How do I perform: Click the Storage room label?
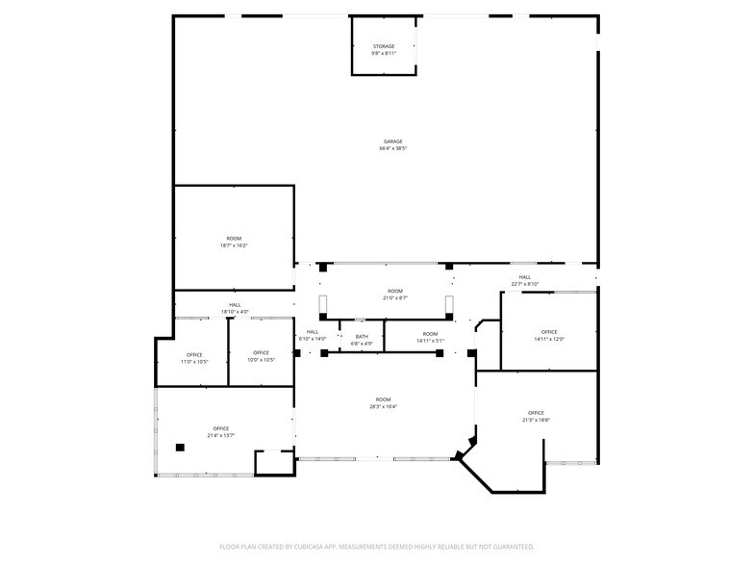point(384,46)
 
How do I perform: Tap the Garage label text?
point(392,141)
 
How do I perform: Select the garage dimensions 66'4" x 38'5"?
point(392,149)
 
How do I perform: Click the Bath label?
point(362,337)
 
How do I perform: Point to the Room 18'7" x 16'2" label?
point(234,239)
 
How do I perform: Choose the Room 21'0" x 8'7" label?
point(395,292)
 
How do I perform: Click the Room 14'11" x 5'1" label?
point(430,334)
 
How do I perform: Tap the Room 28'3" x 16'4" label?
point(384,399)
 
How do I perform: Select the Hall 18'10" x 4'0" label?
point(235,305)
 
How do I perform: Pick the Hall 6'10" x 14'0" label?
point(313,332)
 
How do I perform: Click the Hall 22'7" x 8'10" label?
point(524,277)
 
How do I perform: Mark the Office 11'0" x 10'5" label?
point(194,353)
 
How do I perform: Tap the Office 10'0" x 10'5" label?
point(261,353)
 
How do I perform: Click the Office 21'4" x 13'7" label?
point(221,428)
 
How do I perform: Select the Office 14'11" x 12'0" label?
point(549,332)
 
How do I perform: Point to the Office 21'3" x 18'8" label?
point(536,413)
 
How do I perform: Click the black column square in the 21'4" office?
point(180,447)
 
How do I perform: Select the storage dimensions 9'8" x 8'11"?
point(384,53)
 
